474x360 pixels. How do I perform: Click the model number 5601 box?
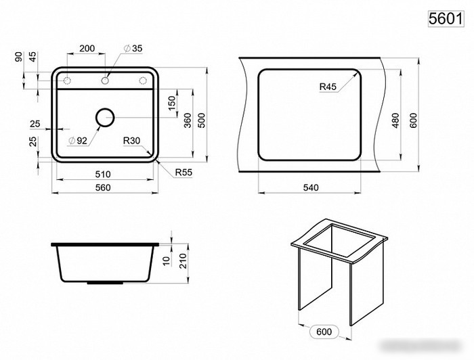[446, 19]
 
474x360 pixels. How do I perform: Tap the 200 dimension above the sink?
[87, 48]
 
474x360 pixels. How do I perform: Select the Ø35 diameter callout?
[133, 48]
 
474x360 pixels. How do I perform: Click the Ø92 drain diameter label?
[78, 141]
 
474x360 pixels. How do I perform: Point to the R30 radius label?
[131, 141]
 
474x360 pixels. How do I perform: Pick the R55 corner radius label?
[184, 173]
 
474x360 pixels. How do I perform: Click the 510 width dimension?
[103, 175]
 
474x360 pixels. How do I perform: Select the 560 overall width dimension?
[103, 187]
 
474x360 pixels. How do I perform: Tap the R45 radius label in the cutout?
[328, 87]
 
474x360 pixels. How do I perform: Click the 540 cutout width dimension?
[311, 187]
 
